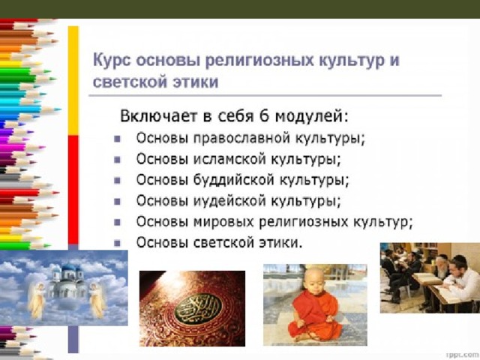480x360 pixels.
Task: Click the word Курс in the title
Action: pos(112,60)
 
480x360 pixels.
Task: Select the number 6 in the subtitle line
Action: pos(264,116)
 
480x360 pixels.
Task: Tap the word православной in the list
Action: pos(241,138)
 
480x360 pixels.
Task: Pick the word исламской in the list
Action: pos(230,159)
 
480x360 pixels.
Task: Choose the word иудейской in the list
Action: pos(229,201)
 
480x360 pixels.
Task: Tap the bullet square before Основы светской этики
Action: pos(117,243)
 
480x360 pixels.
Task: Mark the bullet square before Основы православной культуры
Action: pos(117,139)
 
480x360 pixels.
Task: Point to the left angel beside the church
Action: pos(36,299)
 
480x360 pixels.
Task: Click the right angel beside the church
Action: pos(97,299)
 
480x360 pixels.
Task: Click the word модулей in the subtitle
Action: pos(311,117)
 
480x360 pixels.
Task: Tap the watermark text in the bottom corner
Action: pos(463,355)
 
